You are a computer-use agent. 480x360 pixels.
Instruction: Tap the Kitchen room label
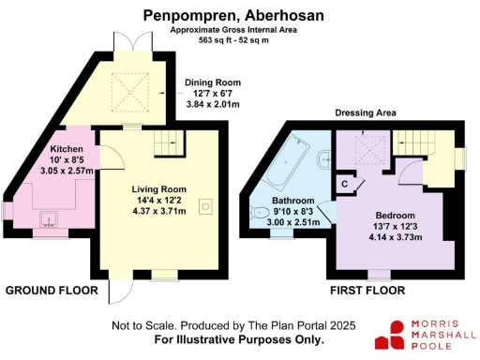(x=67, y=149)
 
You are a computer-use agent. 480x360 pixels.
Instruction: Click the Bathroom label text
(x=293, y=201)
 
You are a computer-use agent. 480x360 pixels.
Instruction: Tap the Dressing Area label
(x=362, y=113)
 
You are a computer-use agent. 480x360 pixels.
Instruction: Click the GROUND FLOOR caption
(x=52, y=291)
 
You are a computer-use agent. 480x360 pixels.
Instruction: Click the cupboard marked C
(x=345, y=184)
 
